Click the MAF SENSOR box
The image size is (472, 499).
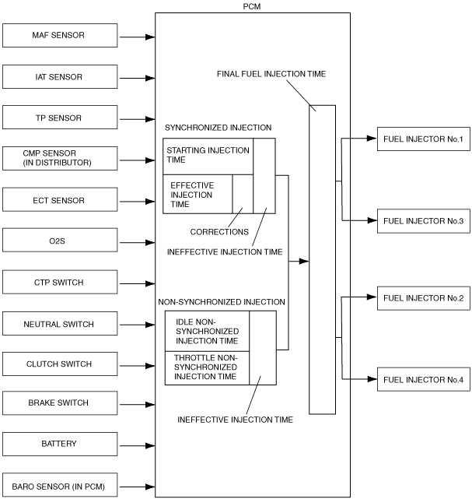[60, 35]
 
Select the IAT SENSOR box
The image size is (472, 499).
[60, 77]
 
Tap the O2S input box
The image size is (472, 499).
[60, 240]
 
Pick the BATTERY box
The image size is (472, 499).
[60, 444]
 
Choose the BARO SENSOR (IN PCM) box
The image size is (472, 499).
[60, 485]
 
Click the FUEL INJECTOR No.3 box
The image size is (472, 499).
[423, 221]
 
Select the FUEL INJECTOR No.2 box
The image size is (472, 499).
[423, 298]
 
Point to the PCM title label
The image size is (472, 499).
[252, 6]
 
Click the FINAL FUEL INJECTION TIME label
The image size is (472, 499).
[271, 74]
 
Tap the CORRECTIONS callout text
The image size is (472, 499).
[219, 232]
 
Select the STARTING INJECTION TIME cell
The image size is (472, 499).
[208, 156]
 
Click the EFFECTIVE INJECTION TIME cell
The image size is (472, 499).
[198, 194]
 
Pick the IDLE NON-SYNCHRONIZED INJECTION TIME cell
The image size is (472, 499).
[208, 331]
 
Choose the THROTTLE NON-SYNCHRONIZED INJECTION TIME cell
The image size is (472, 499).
[208, 368]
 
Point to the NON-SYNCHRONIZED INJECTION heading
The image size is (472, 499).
[222, 302]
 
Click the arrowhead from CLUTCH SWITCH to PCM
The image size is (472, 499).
[150, 366]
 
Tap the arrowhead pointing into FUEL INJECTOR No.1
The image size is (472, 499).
[372, 139]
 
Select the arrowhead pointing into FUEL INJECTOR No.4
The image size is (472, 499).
[372, 379]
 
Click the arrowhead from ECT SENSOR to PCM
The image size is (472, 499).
[150, 202]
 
